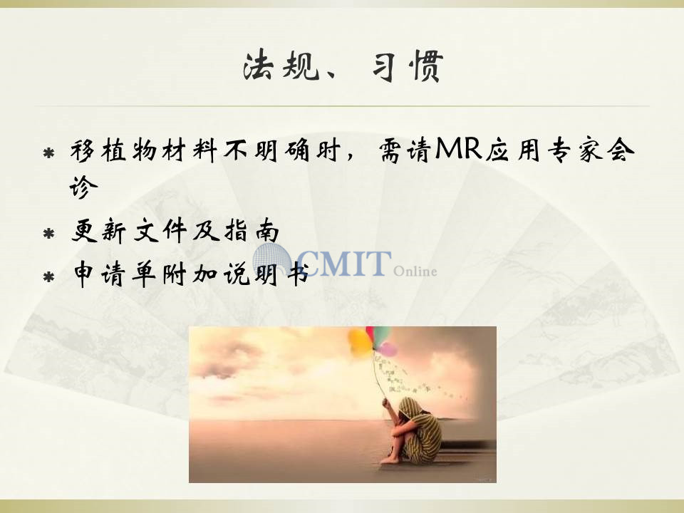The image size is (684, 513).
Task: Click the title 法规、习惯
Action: click(343, 66)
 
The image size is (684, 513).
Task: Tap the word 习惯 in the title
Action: click(408, 66)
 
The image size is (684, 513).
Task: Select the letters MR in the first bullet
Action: click(458, 149)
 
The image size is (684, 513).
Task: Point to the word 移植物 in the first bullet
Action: click(113, 151)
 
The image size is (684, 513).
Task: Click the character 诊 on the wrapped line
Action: click(84, 187)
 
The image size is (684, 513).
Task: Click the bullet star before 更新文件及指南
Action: click(49, 234)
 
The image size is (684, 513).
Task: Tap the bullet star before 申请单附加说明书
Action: click(49, 276)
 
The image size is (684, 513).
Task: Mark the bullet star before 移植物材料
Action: click(49, 153)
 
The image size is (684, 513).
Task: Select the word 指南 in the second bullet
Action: click(252, 230)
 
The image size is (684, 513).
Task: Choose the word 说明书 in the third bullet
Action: click(266, 274)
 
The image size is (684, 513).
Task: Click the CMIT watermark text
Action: click(343, 263)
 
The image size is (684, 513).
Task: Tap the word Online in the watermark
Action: click(415, 271)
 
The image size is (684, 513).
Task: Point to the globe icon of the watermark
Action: click(272, 260)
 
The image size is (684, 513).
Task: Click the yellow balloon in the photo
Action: click(359, 341)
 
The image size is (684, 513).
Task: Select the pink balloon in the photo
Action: click(388, 349)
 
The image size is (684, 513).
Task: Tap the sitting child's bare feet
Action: click(390, 459)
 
